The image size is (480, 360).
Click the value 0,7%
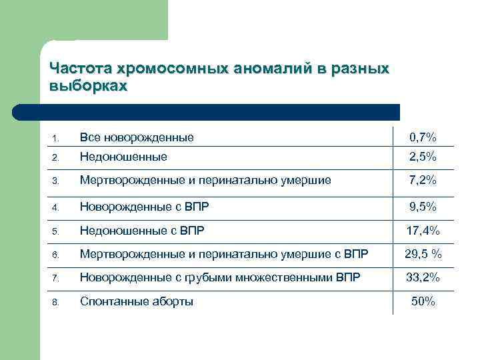pos(423,137)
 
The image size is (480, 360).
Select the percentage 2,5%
pos(423,157)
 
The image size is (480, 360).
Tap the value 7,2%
pos(423,180)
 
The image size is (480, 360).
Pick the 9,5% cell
pos(423,207)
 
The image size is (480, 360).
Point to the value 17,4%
pos(423,231)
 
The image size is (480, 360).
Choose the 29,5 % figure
pos(424,254)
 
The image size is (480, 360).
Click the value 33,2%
pos(423,277)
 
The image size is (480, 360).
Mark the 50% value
pos(423,301)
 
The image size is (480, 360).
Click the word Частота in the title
pos(81,69)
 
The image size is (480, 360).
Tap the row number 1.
pos(56,139)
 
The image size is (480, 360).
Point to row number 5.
pos(56,231)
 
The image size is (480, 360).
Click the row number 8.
pos(56,302)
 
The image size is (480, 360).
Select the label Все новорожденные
pos(137,137)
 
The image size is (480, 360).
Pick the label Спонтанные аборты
pos(137,301)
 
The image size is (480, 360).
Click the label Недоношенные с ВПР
pos(142,231)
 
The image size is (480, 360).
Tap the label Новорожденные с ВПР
pos(145,207)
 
